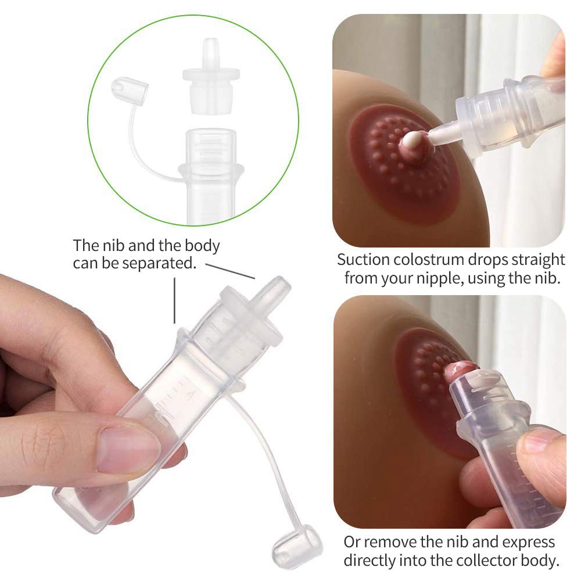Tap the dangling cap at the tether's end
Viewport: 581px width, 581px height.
(x=298, y=546)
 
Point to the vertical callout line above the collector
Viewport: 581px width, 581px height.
(x=175, y=300)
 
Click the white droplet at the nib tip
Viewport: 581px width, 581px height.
(x=414, y=140)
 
